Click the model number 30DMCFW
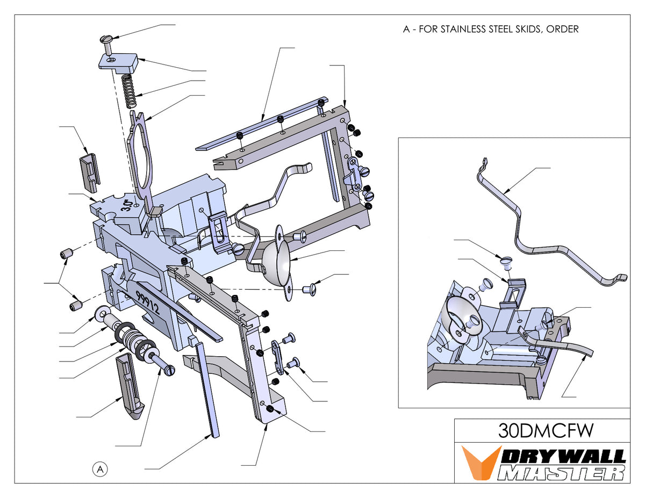point(542,431)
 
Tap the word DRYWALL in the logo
point(564,456)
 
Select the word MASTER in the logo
point(561,473)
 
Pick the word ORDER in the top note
point(562,29)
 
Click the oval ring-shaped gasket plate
point(142,156)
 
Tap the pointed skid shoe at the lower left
point(129,387)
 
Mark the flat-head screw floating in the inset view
point(505,262)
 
